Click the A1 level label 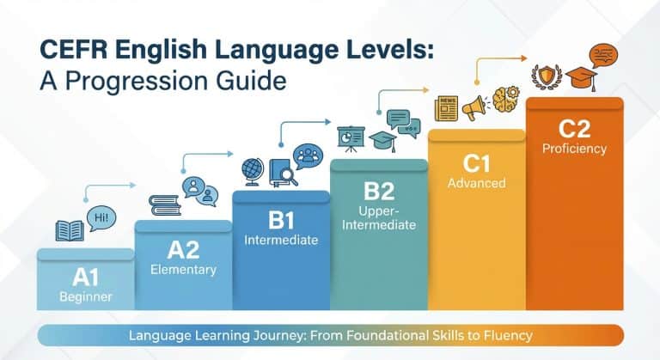click(x=85, y=277)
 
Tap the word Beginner click(x=85, y=297)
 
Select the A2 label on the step click(x=182, y=249)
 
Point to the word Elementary click(x=182, y=270)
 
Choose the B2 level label click(x=378, y=189)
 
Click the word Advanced click(x=476, y=183)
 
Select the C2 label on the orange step click(x=574, y=128)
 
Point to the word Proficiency click(x=574, y=149)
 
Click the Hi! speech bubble click(x=102, y=217)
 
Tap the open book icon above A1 click(x=70, y=230)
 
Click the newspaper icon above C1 click(x=446, y=108)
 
